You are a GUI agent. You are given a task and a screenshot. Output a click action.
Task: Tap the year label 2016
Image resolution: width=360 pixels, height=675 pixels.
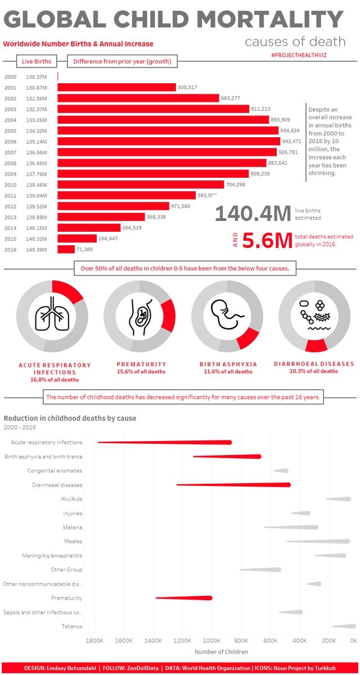10,249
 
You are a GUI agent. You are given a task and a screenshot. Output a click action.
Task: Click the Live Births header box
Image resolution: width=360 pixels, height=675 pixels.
37,61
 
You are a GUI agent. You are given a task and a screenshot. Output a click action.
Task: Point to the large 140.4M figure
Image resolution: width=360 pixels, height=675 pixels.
253,214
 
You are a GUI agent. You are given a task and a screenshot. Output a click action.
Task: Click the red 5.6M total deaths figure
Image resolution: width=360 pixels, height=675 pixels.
268,241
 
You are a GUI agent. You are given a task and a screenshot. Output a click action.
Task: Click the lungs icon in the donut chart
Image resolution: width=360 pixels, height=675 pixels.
51,316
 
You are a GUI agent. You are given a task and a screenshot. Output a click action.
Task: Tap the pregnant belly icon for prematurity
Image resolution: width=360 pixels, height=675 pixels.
139,316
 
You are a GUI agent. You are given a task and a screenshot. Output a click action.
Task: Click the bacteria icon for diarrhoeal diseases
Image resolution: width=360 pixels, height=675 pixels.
314,315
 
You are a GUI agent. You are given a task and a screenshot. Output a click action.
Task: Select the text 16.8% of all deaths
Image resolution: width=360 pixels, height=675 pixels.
55,380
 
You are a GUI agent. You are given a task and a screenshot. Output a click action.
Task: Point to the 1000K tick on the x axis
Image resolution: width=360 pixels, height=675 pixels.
211,641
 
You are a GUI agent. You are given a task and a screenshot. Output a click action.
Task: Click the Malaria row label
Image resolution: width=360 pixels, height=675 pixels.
73,527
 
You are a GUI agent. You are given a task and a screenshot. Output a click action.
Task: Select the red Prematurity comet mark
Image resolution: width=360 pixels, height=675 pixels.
186,598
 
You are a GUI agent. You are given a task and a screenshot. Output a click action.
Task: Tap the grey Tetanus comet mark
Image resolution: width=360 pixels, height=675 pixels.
344,626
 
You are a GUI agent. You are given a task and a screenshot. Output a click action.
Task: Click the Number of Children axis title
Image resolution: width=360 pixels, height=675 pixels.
221,652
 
